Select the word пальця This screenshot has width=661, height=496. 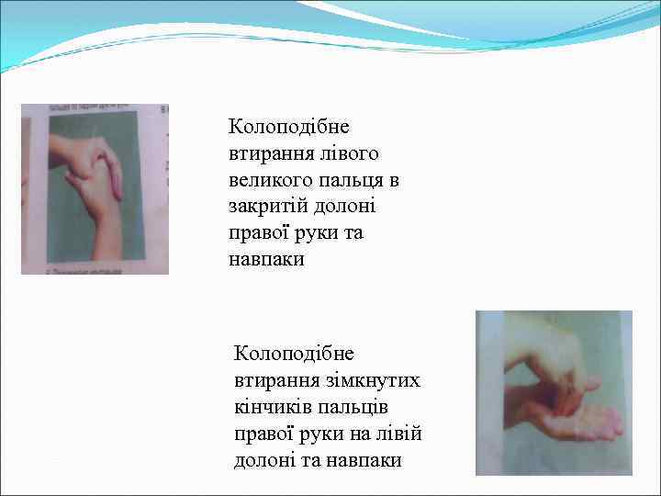click(x=348, y=179)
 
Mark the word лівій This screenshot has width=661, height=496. click(x=399, y=433)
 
